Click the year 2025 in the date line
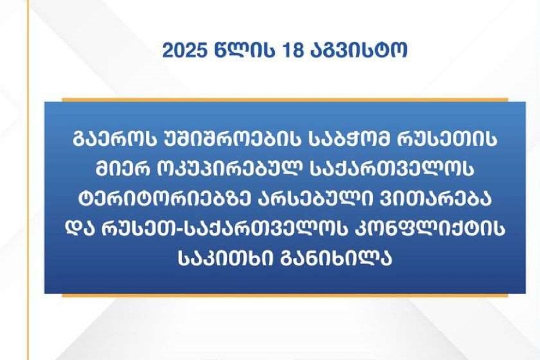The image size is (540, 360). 185,51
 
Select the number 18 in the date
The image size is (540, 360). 293,51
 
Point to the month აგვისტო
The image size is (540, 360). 359,51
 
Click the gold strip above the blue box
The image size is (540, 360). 285,100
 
